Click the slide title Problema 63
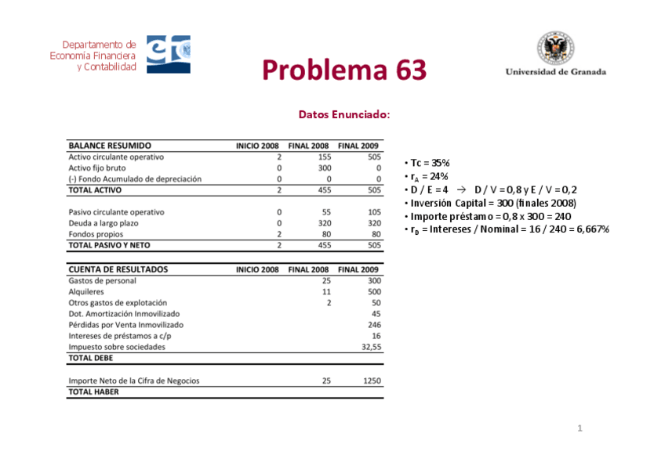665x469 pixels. pos(344,70)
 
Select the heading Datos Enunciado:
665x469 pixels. pos(343,114)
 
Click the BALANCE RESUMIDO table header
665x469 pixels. pos(110,146)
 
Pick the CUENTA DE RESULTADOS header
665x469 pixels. pos(118,269)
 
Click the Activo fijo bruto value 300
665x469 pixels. pos(325,168)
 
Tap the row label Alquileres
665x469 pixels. pos(86,291)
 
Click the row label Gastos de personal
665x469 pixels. pos(102,280)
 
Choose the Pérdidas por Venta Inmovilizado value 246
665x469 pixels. pos(373,324)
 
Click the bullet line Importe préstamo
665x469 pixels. pos(489,216)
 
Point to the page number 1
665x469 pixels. pos(580,428)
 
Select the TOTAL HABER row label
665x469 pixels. pos(94,392)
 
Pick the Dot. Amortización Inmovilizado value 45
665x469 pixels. pos(376,313)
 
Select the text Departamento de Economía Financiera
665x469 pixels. pos(93,50)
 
